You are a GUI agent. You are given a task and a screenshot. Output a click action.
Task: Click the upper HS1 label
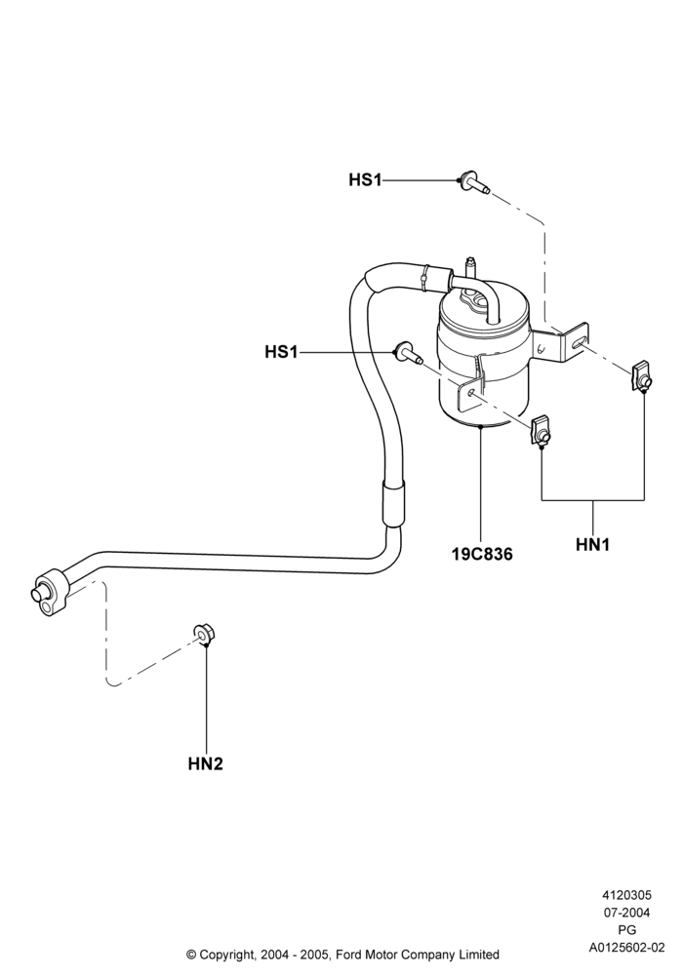365,180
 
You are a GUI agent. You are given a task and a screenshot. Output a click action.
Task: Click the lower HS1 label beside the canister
281,352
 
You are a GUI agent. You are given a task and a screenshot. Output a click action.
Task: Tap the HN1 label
593,545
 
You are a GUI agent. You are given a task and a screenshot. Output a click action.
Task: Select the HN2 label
205,763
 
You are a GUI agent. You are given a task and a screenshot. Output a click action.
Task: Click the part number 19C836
482,554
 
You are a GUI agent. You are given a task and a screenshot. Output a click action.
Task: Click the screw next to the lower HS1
408,354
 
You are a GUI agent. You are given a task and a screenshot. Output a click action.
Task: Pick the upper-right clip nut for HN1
642,379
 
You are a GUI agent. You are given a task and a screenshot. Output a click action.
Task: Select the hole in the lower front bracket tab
470,392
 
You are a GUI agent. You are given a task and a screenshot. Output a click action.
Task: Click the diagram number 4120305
626,895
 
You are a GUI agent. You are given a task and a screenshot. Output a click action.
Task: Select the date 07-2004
626,913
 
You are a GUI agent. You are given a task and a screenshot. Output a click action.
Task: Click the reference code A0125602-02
626,948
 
